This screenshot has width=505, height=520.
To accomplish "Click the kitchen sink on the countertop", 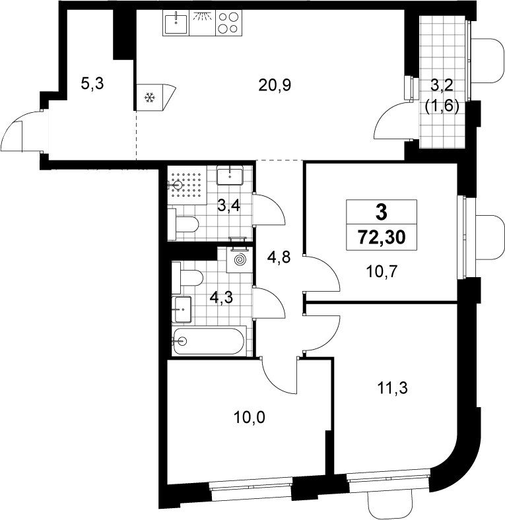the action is point(176,23).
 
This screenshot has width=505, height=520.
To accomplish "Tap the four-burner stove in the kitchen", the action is point(229,23).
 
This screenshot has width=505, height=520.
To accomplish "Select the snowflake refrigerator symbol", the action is point(150,98).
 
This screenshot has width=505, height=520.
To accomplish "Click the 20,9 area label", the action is point(275,85).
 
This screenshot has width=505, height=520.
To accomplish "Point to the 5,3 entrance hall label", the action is point(92,83).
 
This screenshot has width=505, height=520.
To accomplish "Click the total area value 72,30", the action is point(382,238).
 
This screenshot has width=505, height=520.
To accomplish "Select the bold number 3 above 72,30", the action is point(382,212).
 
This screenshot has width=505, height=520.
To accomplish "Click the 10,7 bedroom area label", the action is point(382,272).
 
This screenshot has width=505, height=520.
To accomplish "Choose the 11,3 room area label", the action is point(393,387).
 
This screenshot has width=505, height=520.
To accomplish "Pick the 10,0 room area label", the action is point(250,417).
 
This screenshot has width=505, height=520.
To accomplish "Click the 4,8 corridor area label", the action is point(279,257).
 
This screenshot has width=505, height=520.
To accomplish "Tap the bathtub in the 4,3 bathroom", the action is point(209,341).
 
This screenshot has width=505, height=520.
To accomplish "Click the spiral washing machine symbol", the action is point(240,259).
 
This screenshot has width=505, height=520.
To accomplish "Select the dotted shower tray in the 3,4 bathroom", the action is point(187,185).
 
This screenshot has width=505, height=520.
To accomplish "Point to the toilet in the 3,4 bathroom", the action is point(183,224).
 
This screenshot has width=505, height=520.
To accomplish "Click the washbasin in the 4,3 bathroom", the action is point(182,309).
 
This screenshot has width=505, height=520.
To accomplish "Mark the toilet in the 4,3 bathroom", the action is point(187,278).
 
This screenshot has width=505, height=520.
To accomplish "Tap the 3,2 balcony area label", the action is point(442,85).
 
